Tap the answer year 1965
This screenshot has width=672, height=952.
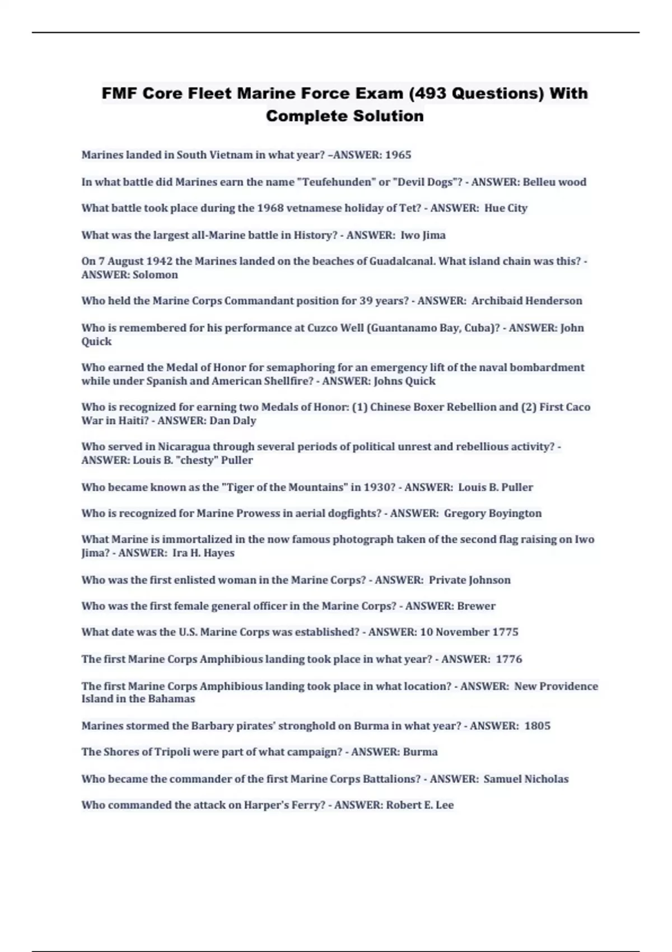(398, 155)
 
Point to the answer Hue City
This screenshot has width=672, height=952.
(506, 208)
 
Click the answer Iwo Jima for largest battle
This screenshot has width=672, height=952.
(423, 235)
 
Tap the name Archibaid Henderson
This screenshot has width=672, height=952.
(526, 301)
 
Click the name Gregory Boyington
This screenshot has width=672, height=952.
(493, 514)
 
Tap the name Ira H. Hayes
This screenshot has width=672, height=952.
(203, 553)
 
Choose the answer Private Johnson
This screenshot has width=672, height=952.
(469, 580)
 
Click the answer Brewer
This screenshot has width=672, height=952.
(476, 606)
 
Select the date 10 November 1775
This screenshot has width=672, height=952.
(469, 632)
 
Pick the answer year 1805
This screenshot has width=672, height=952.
(537, 726)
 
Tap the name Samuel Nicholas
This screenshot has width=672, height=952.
(526, 779)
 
